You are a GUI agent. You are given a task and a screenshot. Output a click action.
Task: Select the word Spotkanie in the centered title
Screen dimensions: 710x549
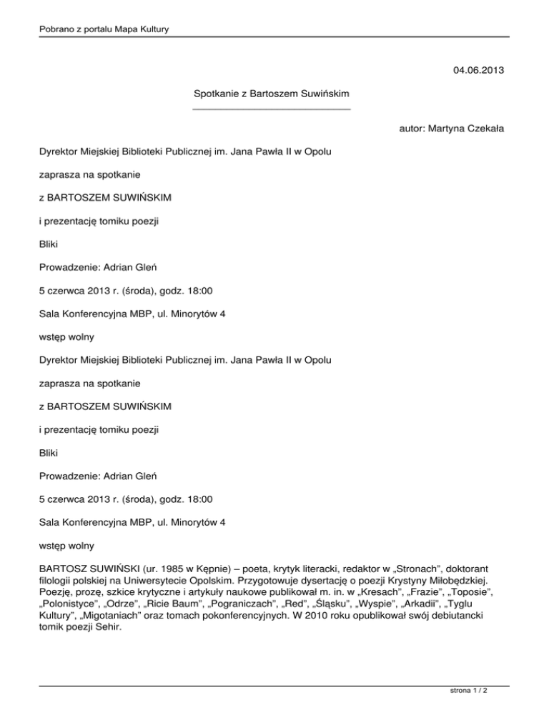point(217,94)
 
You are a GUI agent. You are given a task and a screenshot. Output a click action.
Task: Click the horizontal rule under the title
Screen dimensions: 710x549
point(272,109)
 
